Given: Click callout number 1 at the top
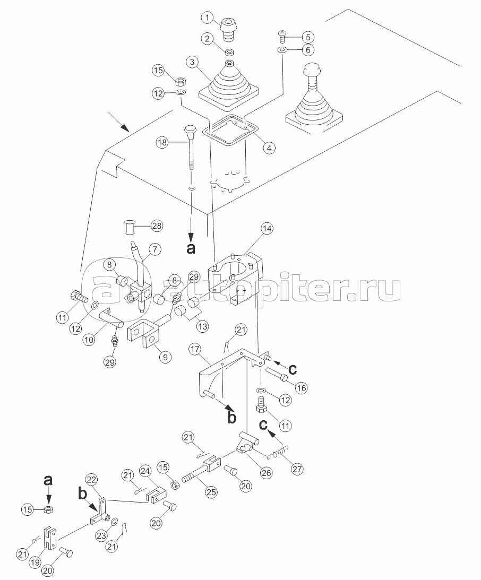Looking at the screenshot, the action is (208, 17).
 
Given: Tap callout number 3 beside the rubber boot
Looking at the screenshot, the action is (192, 62).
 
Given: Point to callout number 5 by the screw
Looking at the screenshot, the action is (308, 37).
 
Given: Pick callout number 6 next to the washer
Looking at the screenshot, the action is (308, 50).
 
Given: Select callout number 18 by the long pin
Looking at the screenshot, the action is (163, 142).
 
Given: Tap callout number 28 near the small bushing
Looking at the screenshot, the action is (157, 226).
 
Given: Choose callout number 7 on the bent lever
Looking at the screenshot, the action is (154, 250).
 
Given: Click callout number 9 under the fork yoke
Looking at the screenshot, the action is (165, 357).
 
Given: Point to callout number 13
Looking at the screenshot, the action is (202, 326).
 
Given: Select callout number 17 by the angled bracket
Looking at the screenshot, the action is (195, 349).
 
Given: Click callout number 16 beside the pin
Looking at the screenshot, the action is (302, 388).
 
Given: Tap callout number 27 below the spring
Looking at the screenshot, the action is (297, 469).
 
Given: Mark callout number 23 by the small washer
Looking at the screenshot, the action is (102, 535).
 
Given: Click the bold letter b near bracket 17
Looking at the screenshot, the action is (231, 418).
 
